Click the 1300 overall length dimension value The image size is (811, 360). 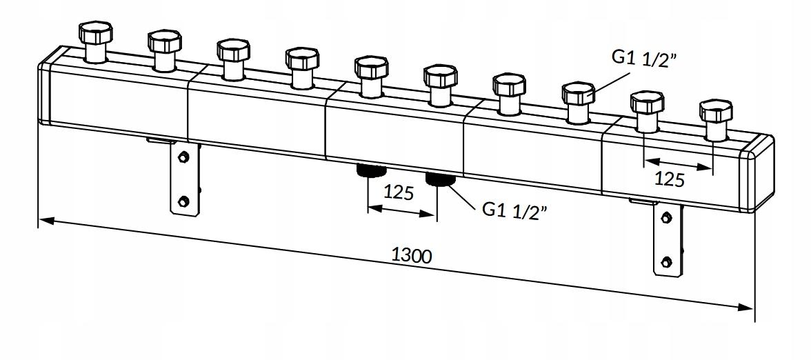pos(412,255)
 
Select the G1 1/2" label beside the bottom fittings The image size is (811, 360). pos(514,210)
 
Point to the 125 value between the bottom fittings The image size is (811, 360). pos(399,192)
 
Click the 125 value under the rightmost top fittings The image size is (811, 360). pos(670,179)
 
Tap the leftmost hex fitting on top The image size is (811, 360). pos(95,33)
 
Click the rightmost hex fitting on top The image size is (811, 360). pos(716,110)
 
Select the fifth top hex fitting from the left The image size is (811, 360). pos(371,68)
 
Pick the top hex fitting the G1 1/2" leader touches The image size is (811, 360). pos(578,94)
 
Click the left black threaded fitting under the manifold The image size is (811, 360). pos(370,170)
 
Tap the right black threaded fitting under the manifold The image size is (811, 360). pos(439,179)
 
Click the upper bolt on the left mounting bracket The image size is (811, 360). pos(183,157)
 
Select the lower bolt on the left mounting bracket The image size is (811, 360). pos(183,201)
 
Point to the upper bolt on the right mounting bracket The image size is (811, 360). pos(666,218)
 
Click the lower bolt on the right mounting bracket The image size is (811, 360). pos(666,262)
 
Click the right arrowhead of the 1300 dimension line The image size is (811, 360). pos(745,308)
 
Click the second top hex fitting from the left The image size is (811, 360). pos(164,42)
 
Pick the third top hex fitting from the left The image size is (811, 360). pos(233,51)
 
